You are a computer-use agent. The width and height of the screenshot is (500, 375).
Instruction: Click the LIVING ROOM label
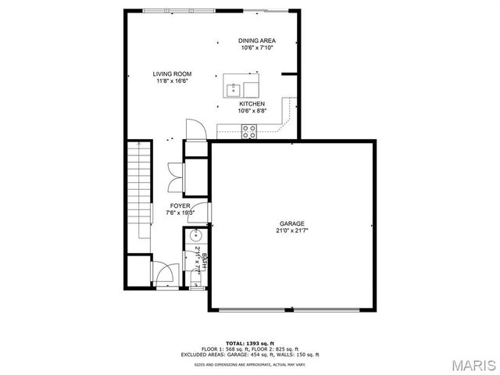pos(171,73)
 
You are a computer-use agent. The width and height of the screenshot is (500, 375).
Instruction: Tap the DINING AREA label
pos(257,41)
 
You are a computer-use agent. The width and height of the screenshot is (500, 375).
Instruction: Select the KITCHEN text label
pos(252,104)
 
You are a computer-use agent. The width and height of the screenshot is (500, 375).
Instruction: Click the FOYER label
pos(180,205)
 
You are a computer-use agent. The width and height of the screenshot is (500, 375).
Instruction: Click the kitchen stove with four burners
pos(249,131)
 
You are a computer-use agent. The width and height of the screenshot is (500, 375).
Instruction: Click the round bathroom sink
pos(196,237)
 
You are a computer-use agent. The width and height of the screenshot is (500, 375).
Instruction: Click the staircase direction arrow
pos(138,148)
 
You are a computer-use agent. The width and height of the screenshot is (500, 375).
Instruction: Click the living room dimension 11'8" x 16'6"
pos(171,80)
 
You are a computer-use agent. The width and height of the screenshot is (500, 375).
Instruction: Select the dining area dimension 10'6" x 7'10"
pos(257,48)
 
